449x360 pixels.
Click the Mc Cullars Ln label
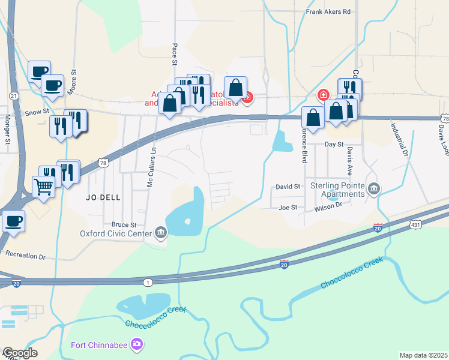[151, 168]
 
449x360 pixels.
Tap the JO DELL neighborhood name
[103, 196]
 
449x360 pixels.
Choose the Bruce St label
[124, 224]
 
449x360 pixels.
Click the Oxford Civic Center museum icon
[160, 233]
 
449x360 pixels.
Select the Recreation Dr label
[25, 256]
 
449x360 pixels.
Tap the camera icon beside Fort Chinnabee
[137, 344]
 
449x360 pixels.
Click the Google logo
[19, 353]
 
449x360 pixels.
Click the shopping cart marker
[44, 187]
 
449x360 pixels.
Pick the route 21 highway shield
[14, 96]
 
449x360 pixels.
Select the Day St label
[334, 145]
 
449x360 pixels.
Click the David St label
[288, 187]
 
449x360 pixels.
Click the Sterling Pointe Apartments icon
[375, 190]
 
